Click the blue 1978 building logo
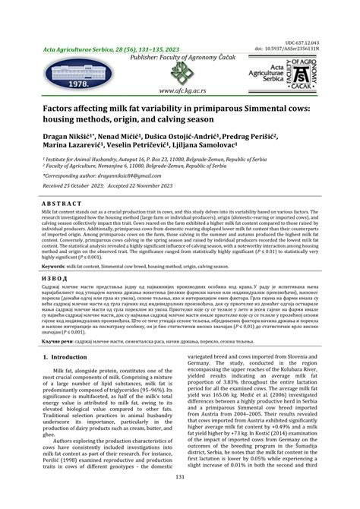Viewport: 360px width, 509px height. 68,73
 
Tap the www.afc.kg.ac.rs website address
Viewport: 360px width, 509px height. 184,89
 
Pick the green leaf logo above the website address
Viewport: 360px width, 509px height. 184,74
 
